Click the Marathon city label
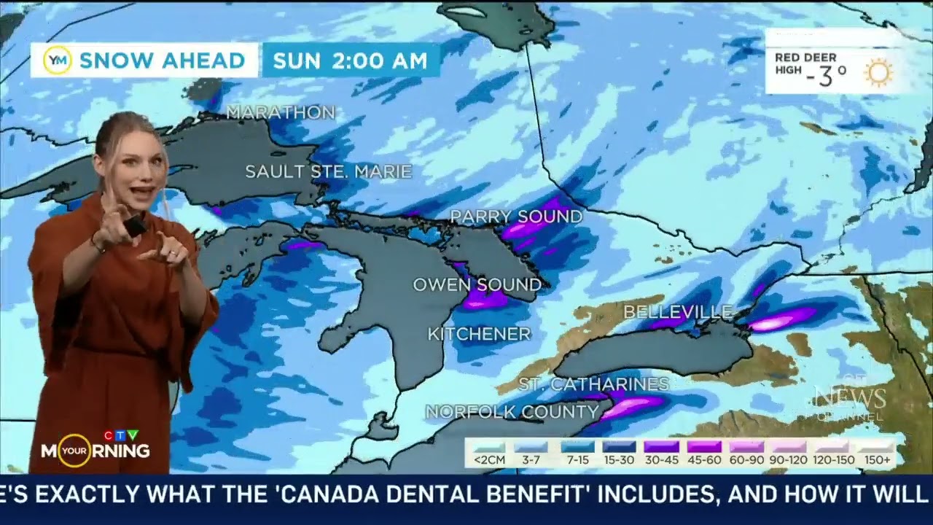coord(281,112)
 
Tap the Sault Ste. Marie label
coord(328,172)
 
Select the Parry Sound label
coord(516,217)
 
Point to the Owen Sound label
coord(477,284)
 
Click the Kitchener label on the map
coord(479,334)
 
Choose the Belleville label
coord(677,312)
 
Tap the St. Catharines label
coord(593,384)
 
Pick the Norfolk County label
coord(512,412)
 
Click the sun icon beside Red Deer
coord(878,73)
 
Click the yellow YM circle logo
coord(57,61)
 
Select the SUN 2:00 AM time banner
coord(351,61)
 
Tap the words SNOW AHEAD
coord(162,61)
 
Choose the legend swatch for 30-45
coord(661,447)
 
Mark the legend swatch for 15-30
coord(619,447)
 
